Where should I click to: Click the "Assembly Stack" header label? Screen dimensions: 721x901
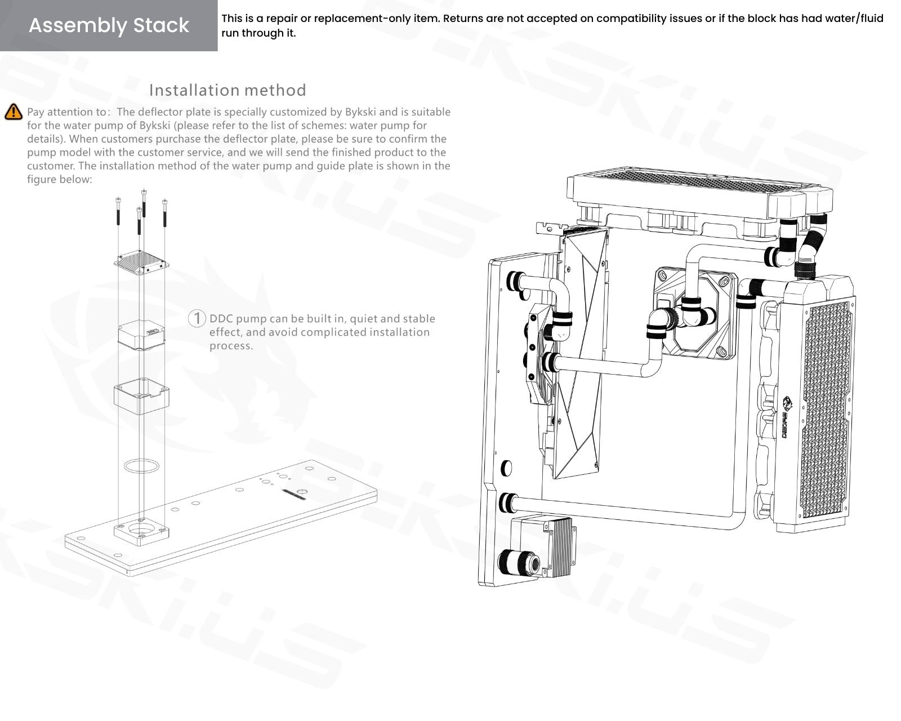point(109,25)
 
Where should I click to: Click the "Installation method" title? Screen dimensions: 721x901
point(228,90)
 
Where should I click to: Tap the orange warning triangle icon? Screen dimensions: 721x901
point(14,112)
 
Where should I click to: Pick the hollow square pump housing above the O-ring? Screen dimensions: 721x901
point(141,397)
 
